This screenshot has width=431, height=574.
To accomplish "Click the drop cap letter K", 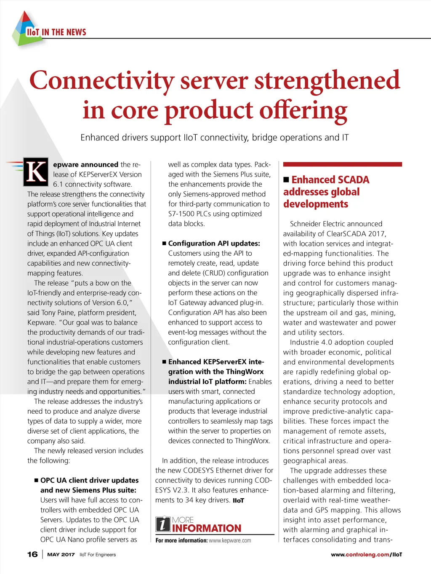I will point(36,172).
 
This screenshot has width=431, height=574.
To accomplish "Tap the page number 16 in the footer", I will point(32,554).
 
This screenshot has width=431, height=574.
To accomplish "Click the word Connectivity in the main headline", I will point(101,80).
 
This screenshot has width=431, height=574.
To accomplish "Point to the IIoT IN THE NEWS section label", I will point(56,32).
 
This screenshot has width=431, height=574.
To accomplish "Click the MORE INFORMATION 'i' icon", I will point(163,524).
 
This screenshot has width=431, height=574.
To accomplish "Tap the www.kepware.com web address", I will point(230,541).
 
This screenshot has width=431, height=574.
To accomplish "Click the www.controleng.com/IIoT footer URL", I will point(366,555).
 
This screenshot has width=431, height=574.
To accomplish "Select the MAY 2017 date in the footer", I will point(61,555).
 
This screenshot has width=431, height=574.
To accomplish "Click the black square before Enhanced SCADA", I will point(286,180).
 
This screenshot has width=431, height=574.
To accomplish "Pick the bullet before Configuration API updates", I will point(164,243).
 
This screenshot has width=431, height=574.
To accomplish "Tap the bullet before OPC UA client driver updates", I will point(37,480).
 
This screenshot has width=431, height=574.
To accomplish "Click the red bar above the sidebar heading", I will point(342,164).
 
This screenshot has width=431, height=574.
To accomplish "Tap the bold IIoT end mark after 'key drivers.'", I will point(238,500).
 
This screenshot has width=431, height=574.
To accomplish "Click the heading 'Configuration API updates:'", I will point(214,243).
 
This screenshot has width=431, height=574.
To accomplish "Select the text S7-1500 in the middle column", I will point(181,214).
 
